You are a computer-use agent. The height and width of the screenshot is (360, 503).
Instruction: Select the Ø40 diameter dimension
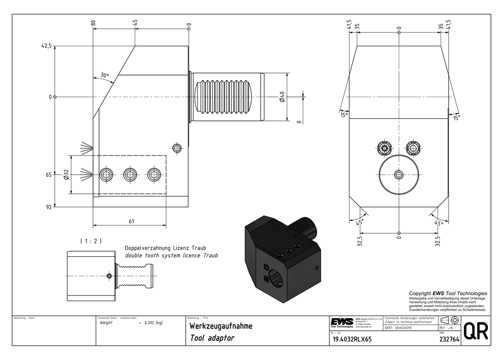pos(282,97)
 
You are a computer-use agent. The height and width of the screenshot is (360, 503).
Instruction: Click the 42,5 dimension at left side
pos(46,46)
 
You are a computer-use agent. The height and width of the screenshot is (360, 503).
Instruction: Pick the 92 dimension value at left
pos(49,206)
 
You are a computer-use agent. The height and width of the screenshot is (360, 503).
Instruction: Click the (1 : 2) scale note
pos(91,241)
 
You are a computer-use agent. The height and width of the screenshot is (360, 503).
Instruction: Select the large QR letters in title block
pos(474,332)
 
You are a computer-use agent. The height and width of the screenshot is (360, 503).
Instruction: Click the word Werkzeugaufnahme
pos(220,326)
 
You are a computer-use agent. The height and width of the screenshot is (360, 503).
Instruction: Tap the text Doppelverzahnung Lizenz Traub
pos(165,248)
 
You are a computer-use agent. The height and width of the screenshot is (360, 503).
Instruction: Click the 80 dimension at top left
pos(93,23)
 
